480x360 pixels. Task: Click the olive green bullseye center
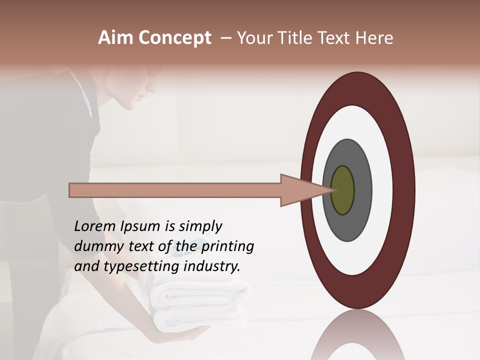coord(343,190)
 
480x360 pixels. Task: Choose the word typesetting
coord(133,266)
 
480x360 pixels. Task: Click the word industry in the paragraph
coord(212,266)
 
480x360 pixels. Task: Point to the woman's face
coord(137,92)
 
